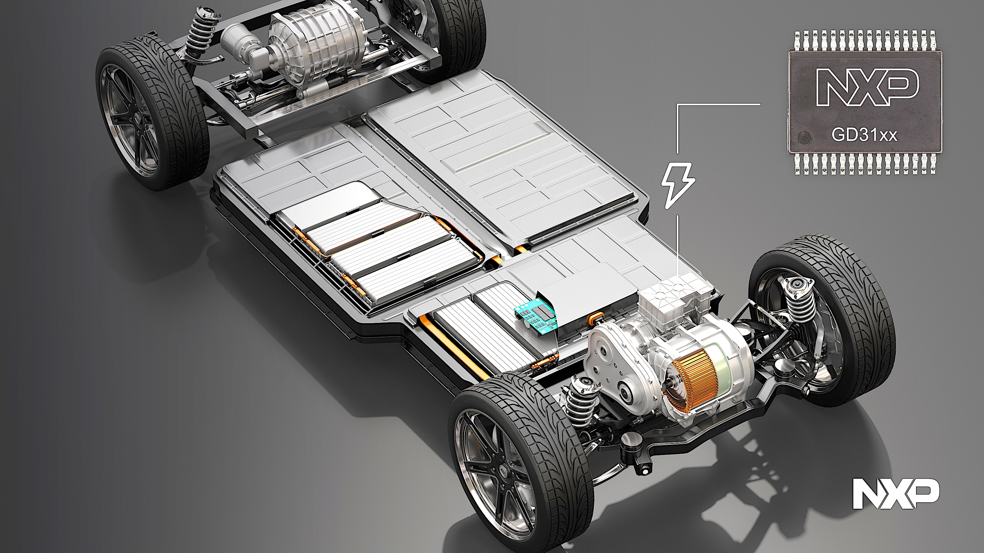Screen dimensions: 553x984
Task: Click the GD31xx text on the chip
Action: click(x=864, y=135)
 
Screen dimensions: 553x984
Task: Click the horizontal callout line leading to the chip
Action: click(x=718, y=104)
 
